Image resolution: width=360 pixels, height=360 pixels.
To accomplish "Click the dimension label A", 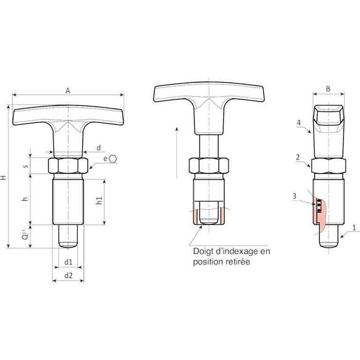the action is pyautogui.click(x=67, y=91).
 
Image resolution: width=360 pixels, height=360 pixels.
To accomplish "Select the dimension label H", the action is pyautogui.click(x=3, y=178).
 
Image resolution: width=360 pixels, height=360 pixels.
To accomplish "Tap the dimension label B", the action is pyautogui.click(x=328, y=89).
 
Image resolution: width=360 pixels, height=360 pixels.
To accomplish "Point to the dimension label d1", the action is pyautogui.click(x=68, y=262).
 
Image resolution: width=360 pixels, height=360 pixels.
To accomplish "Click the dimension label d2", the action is pyautogui.click(x=68, y=275).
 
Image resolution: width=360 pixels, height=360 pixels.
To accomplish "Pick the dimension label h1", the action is pyautogui.click(x=99, y=201).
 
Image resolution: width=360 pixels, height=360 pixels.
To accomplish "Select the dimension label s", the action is pyautogui.click(x=26, y=166).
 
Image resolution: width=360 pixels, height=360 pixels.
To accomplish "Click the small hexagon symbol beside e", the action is pyautogui.click(x=112, y=158).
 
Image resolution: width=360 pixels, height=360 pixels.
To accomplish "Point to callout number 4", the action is pyautogui.click(x=299, y=123).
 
